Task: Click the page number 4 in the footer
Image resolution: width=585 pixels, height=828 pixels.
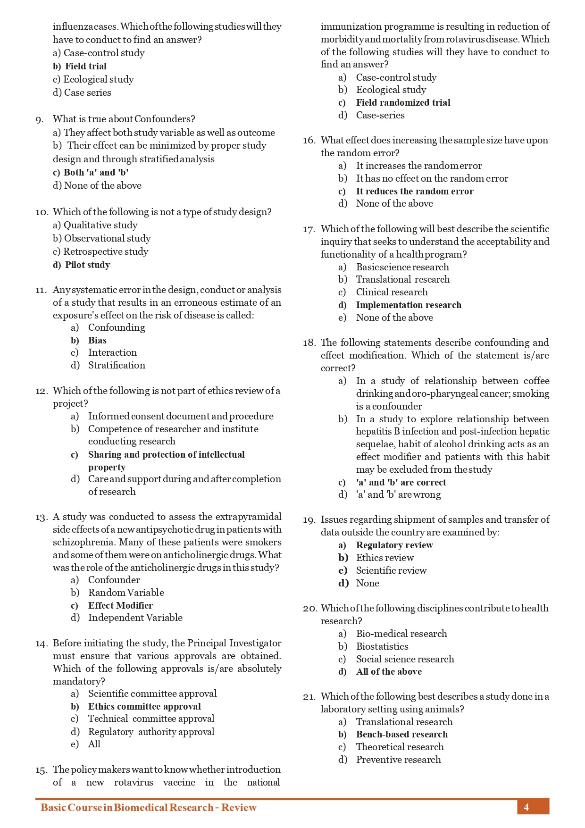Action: pos(526,807)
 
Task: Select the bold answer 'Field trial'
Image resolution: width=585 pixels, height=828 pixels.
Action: pos(85,66)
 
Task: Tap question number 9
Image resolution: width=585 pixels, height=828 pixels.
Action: pos(40,119)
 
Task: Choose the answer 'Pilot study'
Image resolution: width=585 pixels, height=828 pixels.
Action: pos(87,265)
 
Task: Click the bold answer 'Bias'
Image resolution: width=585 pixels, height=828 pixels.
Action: pos(97,340)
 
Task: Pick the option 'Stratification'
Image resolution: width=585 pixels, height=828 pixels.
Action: pos(117,365)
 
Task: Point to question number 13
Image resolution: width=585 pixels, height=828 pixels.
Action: pos(41,517)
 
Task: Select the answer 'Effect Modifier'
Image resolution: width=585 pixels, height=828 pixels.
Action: pos(120,605)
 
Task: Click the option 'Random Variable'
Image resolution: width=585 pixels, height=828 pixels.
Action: pos(126,593)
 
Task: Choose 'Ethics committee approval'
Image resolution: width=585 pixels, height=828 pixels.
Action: pos(144,706)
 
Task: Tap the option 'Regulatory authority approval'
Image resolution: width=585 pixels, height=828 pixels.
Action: pos(151,732)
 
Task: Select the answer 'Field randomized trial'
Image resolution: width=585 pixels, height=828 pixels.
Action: pos(403,102)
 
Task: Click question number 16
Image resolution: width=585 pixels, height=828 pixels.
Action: pos(309,141)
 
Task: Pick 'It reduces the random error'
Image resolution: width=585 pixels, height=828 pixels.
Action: pos(415,191)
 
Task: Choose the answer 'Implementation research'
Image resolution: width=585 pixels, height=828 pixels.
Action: pos(409,305)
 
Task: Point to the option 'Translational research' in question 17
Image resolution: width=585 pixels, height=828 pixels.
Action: pos(402,279)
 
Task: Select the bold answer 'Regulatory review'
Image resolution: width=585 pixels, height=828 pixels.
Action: pos(394,545)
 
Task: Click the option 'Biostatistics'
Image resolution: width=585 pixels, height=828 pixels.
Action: pos(382,646)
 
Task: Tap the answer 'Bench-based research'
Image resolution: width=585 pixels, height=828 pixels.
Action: pos(401,734)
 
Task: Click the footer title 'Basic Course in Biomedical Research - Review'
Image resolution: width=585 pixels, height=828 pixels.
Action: pos(148,807)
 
